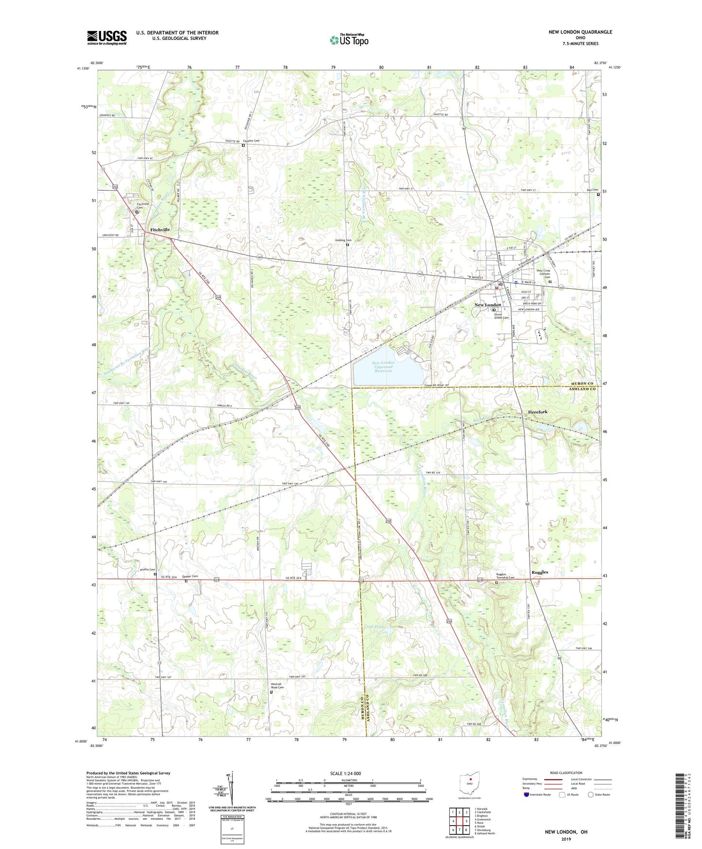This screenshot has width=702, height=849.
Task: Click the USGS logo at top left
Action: point(107,37)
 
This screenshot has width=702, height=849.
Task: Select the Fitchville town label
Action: point(160,230)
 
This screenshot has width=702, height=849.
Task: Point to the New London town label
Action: point(487,305)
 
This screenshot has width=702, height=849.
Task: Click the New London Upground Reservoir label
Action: point(383,367)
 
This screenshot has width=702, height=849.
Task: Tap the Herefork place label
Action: point(537,412)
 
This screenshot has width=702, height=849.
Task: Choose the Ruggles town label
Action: point(539,572)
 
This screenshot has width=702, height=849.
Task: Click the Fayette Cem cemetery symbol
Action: point(243,145)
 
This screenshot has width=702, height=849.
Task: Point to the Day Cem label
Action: point(592,190)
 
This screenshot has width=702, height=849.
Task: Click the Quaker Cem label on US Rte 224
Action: point(190,576)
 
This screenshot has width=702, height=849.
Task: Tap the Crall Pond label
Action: point(374,627)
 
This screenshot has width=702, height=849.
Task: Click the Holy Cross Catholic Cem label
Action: point(543,274)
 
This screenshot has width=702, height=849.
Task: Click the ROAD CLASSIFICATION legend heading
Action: point(567,773)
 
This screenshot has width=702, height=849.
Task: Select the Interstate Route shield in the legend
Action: point(528,795)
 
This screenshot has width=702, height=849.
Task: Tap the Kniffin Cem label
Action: point(147,569)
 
